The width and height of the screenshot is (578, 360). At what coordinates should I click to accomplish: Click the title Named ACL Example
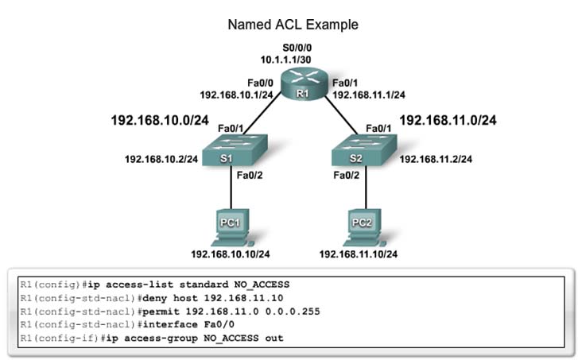pos(293,25)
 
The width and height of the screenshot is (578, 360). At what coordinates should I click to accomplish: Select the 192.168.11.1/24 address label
pos(369,94)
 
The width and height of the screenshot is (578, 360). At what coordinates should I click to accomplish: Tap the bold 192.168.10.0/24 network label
pos(161,122)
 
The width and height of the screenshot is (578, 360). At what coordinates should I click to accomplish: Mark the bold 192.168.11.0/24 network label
pos(448,121)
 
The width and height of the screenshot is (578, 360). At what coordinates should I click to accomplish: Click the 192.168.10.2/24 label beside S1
pos(161,159)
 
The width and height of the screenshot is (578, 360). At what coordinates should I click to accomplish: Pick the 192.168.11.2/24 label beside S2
pos(436,159)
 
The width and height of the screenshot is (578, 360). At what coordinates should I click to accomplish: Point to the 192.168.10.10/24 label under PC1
pos(230,254)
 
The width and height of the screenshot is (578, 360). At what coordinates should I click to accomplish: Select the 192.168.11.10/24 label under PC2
pos(359,254)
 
